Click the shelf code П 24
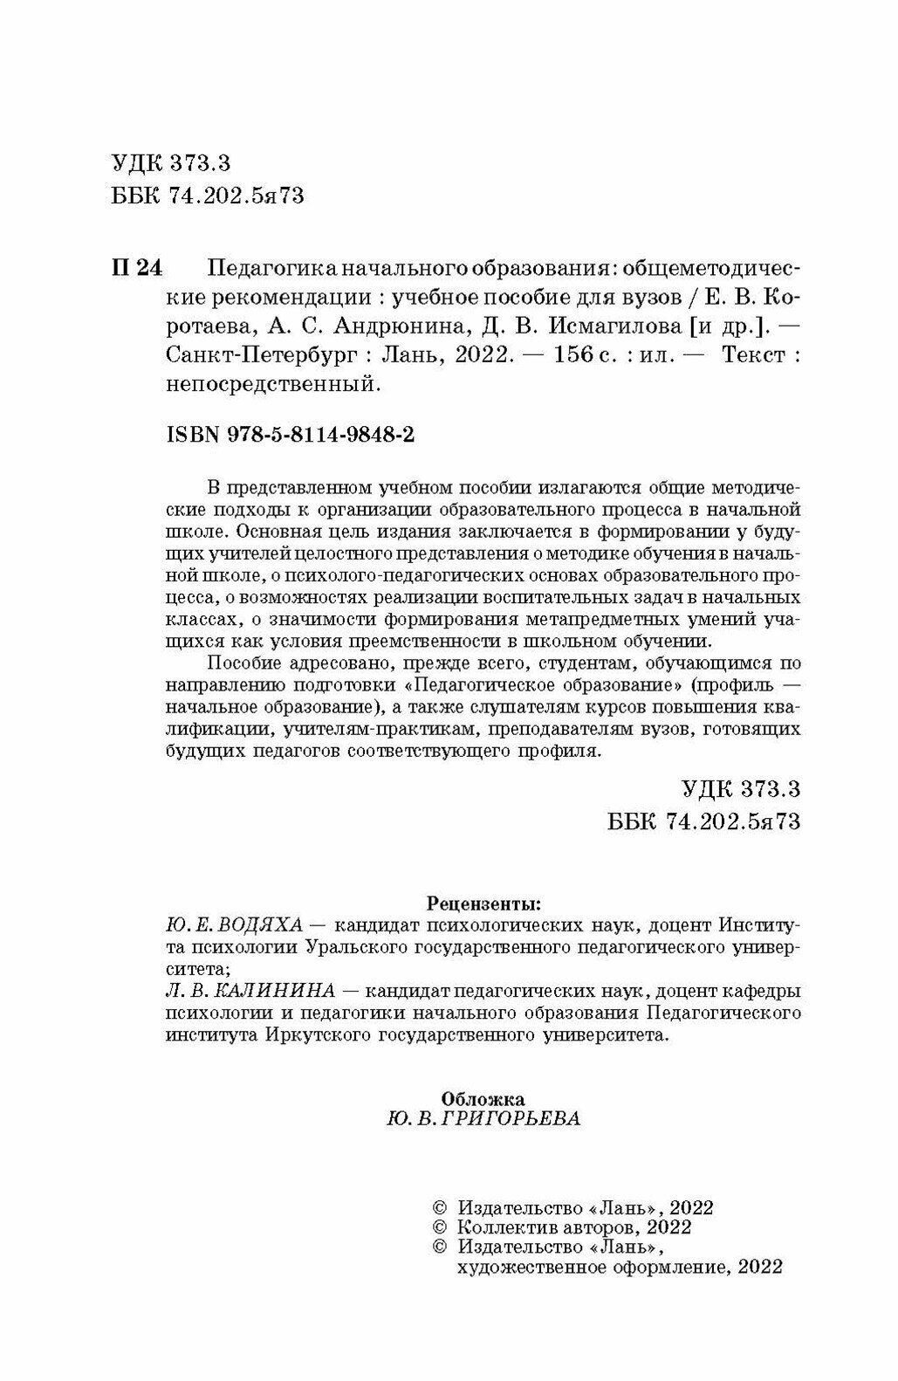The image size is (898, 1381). point(138,266)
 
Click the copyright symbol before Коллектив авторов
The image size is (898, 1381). point(440,1227)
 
